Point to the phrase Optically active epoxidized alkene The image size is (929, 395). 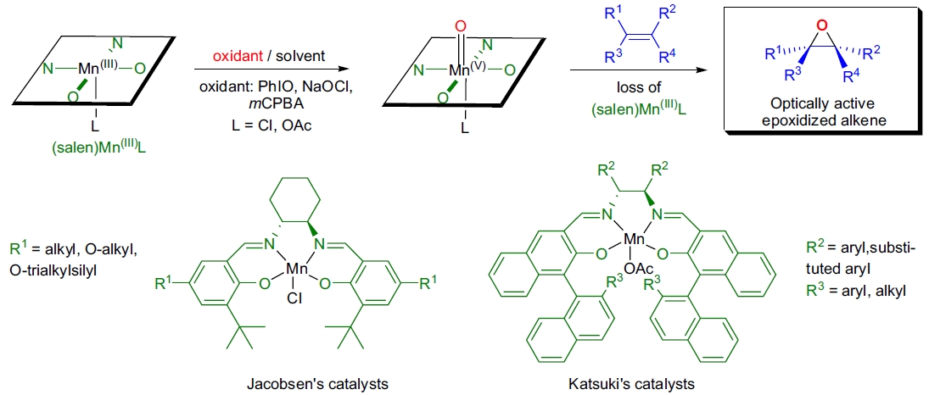[814, 111]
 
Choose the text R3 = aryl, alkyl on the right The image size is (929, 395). [855, 290]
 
